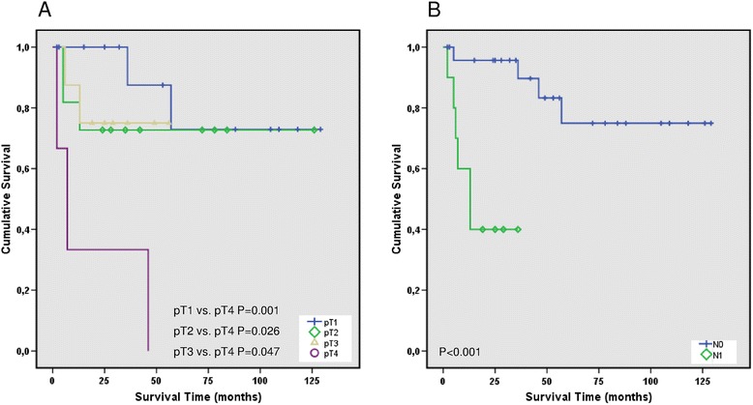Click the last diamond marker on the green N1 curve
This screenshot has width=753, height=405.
(x=518, y=229)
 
